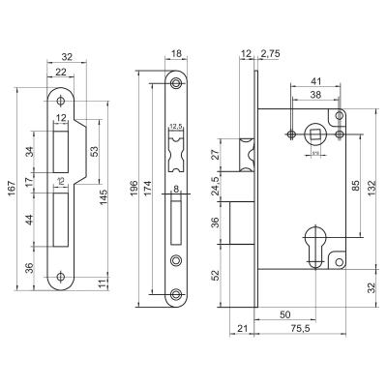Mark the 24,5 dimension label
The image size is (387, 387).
click(217, 180)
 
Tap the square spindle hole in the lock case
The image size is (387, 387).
click(314, 133)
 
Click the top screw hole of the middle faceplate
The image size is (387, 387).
click(176, 84)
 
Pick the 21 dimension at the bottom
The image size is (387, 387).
click(242, 330)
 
